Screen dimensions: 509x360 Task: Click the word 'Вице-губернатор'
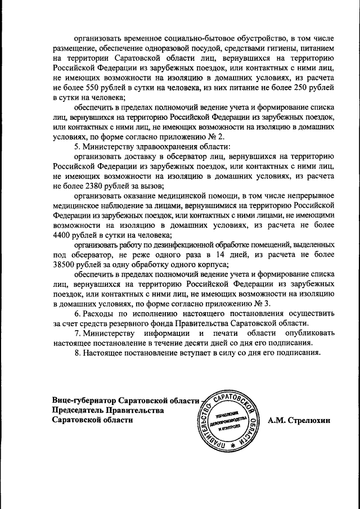click(x=84, y=400)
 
